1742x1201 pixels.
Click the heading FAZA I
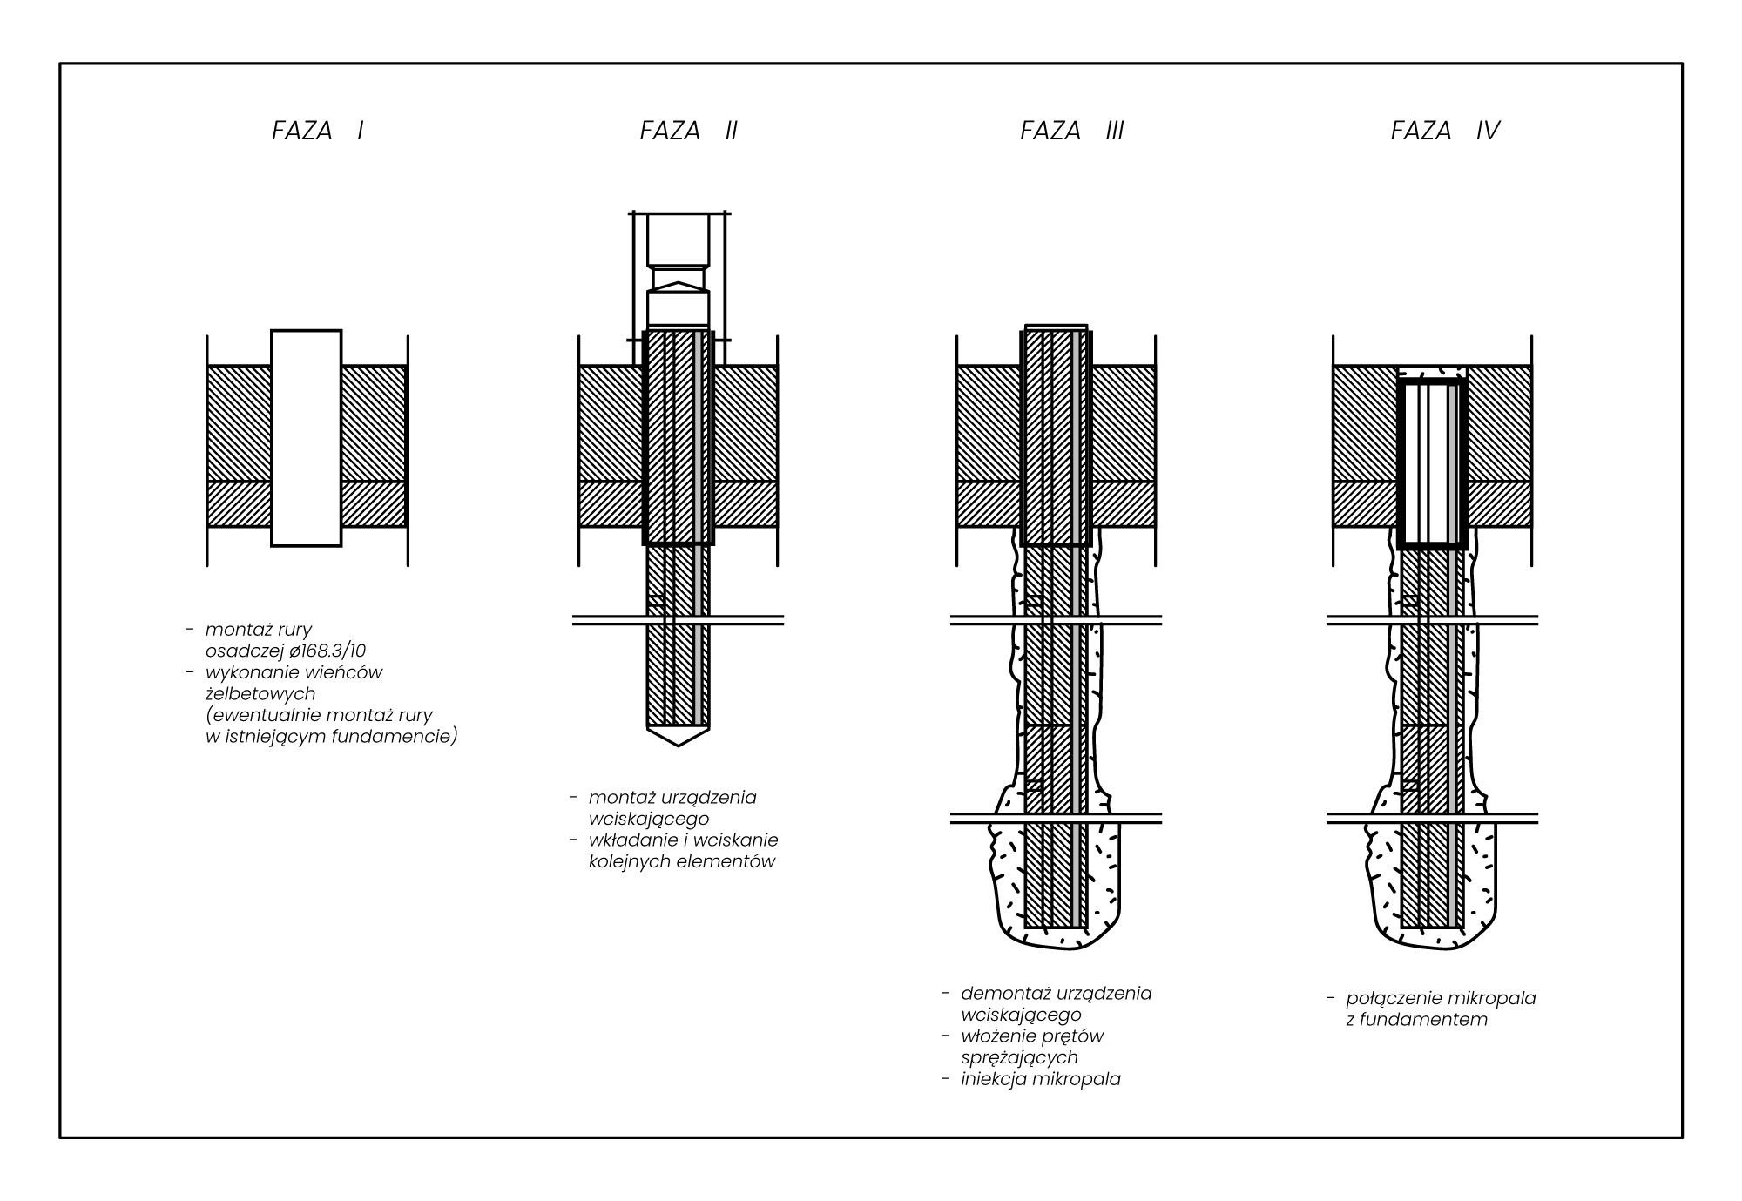pos(317,131)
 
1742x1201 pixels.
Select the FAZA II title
pos(688,131)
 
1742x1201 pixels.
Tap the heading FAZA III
pos(1071,131)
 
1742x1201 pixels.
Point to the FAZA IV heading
pos(1445,131)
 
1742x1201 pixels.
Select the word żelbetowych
pos(260,694)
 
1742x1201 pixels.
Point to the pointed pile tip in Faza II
pos(678,736)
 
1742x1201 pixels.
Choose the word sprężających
pos(1019,1058)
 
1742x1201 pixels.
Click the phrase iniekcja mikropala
pos(1040,1079)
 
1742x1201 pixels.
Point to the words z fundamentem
pos(1416,1020)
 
